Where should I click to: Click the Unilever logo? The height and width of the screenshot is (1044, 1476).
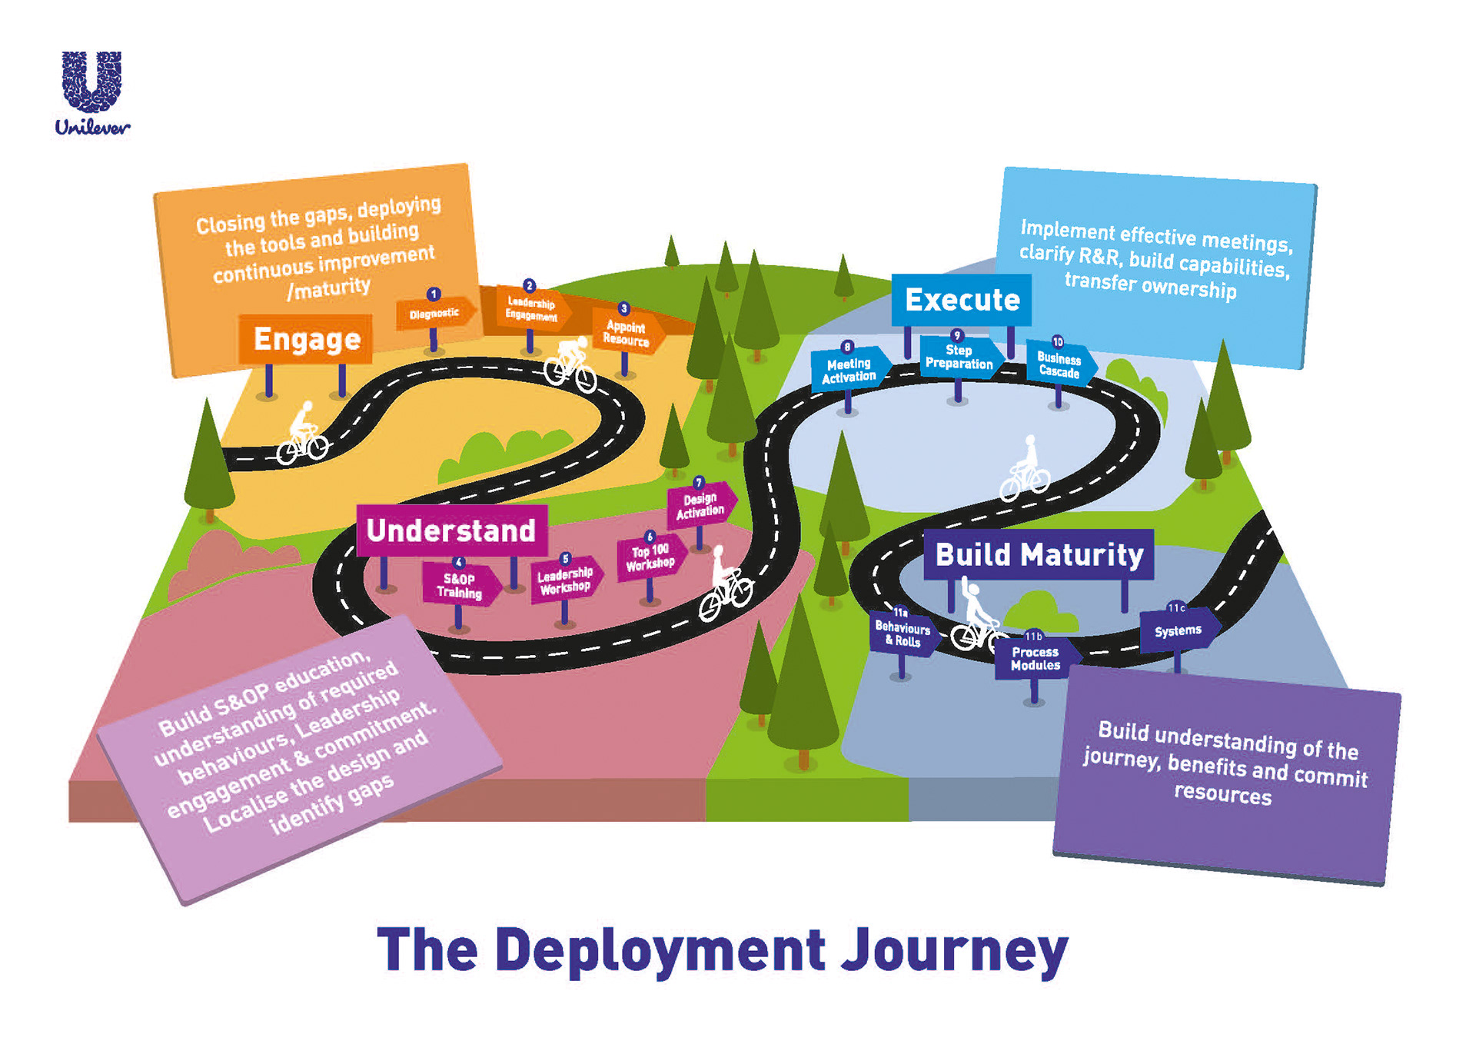(x=92, y=92)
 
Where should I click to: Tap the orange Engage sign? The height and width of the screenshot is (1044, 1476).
(x=306, y=339)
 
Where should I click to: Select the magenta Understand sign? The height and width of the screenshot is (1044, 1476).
(x=451, y=530)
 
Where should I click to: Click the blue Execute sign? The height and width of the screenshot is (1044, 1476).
(x=962, y=300)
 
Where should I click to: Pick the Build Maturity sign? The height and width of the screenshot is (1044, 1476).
(x=1039, y=554)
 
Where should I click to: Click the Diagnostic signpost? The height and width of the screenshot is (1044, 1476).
(x=434, y=313)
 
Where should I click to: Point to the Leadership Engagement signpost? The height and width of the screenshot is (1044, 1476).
(x=531, y=309)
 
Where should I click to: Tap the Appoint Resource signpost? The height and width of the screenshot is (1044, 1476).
(x=626, y=333)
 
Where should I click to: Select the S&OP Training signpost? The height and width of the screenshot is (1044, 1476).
(x=460, y=586)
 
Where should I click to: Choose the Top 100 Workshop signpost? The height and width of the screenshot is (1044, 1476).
(x=650, y=557)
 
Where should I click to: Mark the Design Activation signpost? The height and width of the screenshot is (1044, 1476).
(x=700, y=505)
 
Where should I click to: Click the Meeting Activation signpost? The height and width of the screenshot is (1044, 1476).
(x=849, y=370)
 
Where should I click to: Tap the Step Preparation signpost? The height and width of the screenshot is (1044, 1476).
(x=959, y=357)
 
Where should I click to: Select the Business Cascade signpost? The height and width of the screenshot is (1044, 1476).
(x=1059, y=365)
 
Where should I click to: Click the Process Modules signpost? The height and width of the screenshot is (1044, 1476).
(x=1035, y=659)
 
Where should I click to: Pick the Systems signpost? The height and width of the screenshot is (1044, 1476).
(x=1178, y=630)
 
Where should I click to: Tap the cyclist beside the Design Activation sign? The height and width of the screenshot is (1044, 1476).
(x=725, y=588)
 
